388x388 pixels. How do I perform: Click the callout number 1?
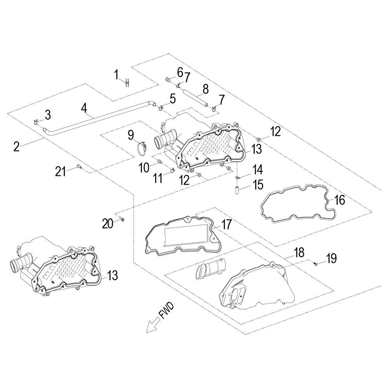pos(116,74)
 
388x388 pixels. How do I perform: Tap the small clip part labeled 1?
pos(127,83)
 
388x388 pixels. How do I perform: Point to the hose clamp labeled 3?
pos(35,121)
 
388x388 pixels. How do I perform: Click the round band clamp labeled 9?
pos(143,148)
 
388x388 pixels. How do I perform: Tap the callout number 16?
pos(339,200)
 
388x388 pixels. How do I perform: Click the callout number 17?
pos(226,224)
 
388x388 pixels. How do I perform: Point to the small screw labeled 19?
pos(315,264)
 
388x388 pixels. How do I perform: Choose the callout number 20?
pos(107,223)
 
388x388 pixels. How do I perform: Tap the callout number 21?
pos(60,171)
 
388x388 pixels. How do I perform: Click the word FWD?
pos(166,311)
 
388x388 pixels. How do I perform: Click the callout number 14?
pos(258,170)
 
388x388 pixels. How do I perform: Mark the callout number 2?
pos(16,147)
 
